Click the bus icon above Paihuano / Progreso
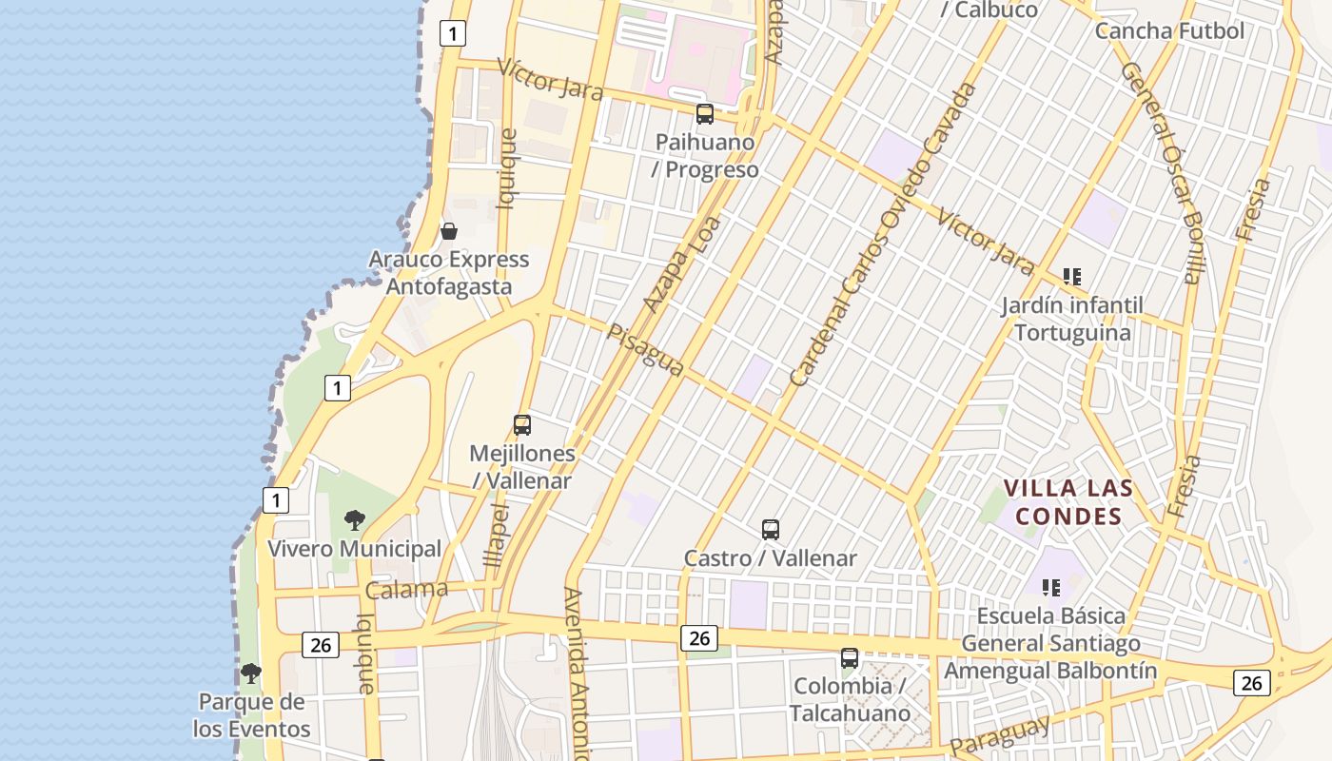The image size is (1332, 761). point(705,114)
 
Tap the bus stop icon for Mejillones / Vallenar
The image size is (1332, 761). point(522,425)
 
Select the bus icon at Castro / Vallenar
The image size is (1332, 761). point(771,530)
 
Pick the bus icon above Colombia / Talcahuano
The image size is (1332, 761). point(850,657)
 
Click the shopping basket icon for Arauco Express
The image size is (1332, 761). point(449,231)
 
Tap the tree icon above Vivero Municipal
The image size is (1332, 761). point(355,520)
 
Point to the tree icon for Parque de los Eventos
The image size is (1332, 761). point(251,673)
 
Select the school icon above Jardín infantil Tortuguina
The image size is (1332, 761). point(1072,277)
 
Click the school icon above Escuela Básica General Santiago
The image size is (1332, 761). point(1051,587)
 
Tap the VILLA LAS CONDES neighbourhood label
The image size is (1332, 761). point(1068,502)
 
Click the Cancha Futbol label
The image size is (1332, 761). point(1169,30)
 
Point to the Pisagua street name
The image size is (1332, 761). point(646,350)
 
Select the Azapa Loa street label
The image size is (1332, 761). point(681,264)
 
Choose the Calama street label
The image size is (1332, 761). point(406,590)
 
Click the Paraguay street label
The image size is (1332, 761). point(1000,735)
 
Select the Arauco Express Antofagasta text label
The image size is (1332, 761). point(448,273)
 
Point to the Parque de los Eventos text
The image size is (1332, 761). point(252,715)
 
